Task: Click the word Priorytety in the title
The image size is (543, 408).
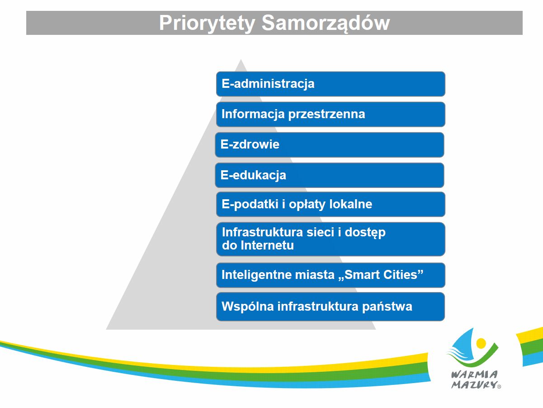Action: pyautogui.click(x=207, y=23)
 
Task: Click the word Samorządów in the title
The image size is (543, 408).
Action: pyautogui.click(x=326, y=23)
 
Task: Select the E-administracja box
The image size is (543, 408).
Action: pyautogui.click(x=331, y=84)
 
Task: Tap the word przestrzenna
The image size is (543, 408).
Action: pyautogui.click(x=326, y=115)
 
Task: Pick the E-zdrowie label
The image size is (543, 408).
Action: pyautogui.click(x=250, y=144)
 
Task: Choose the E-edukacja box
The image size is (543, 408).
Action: pyautogui.click(x=330, y=175)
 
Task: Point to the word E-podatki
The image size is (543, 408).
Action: pyautogui.click(x=250, y=205)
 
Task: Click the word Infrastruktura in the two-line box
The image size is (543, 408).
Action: pyautogui.click(x=262, y=232)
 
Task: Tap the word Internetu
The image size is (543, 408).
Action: pyautogui.click(x=267, y=245)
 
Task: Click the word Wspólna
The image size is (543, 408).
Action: pyautogui.click(x=248, y=307)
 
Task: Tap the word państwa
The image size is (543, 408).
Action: pyautogui.click(x=387, y=307)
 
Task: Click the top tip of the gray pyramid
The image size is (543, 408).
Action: pyautogui.click(x=241, y=59)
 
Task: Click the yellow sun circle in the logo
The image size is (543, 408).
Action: pyautogui.click(x=481, y=343)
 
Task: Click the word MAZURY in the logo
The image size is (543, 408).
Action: pyautogui.click(x=474, y=384)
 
